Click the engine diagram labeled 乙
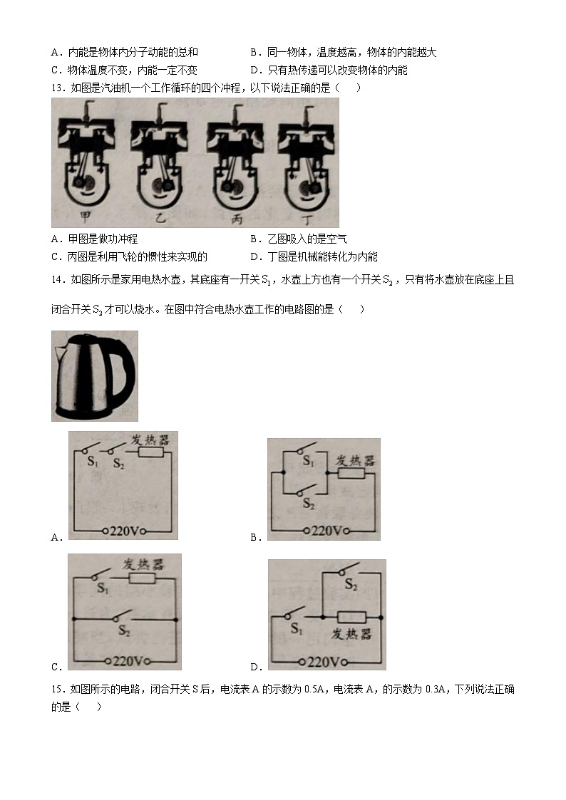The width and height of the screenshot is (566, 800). pos(160,157)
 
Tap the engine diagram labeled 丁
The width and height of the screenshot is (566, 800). pos(307,157)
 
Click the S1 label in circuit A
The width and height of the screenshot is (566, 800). pos(92,462)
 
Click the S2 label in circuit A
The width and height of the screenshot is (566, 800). pos(118,464)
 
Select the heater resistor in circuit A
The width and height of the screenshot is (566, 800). pos(150,452)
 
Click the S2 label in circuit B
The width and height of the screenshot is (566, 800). pos(309,504)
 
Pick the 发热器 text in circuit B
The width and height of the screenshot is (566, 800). pos(354,460)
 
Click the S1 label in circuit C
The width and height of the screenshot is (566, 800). pos(103,589)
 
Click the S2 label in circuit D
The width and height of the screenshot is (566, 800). pos(351,584)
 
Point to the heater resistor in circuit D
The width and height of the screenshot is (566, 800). pos(350,617)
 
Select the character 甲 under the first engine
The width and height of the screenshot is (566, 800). pos(87,217)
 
